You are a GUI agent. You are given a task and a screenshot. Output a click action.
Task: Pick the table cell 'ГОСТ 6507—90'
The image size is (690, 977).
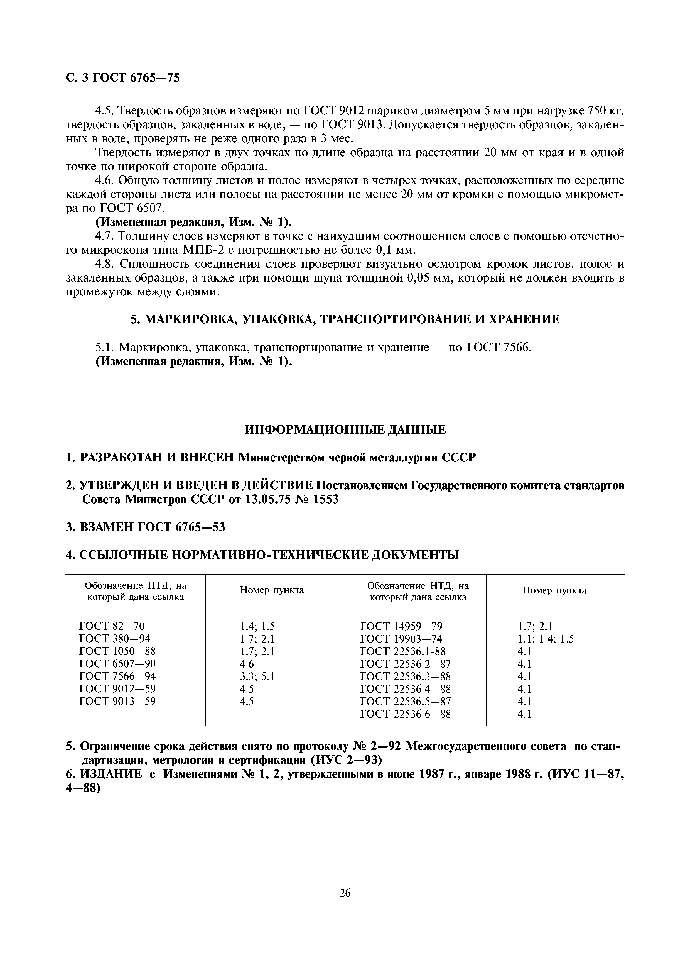click(117, 664)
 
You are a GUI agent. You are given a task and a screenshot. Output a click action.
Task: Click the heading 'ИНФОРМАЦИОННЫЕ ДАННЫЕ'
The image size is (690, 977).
click(345, 429)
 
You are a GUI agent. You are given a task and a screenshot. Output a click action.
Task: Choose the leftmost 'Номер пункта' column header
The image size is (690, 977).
click(272, 590)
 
